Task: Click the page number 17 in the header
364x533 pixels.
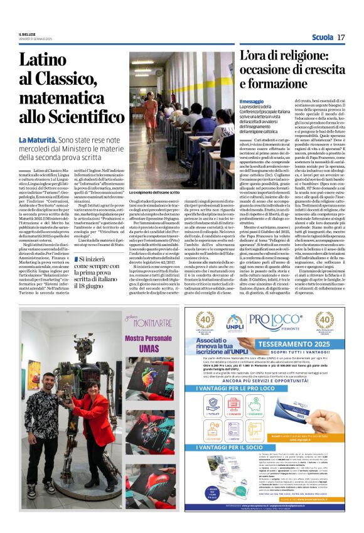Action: click(x=341, y=38)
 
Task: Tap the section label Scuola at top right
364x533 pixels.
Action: click(x=321, y=38)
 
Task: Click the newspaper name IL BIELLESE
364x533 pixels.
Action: click(x=28, y=34)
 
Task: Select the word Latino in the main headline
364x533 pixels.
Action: click(x=59, y=61)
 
